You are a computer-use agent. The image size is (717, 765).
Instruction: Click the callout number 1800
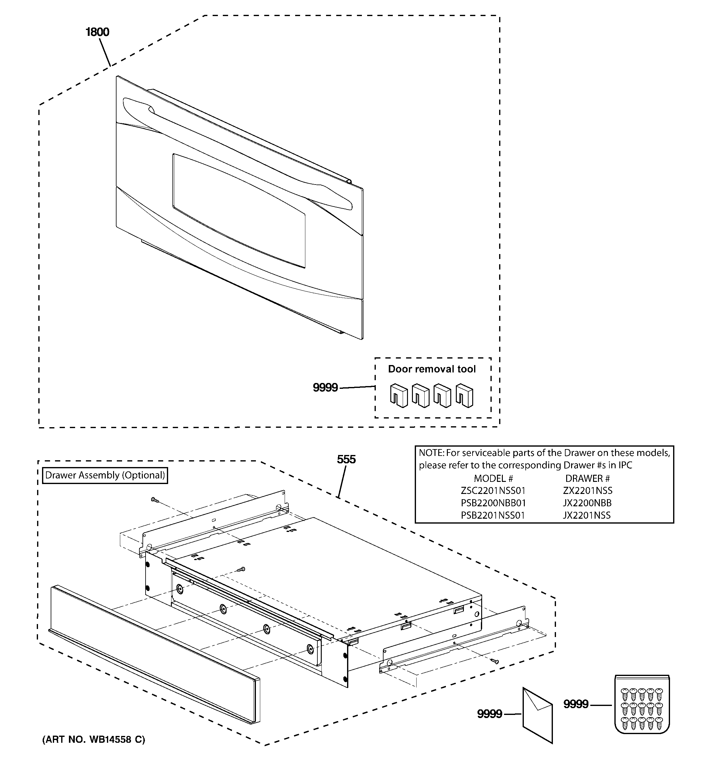tap(97, 32)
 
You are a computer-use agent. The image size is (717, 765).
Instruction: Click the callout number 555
tap(346, 459)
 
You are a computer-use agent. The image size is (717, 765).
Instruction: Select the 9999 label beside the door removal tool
tap(325, 388)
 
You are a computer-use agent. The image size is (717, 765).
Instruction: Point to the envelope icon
tap(537, 715)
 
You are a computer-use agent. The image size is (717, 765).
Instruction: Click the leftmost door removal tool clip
tap(399, 395)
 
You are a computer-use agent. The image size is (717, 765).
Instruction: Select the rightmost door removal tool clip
tap(465, 395)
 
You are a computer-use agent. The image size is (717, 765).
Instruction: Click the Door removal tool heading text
tap(432, 369)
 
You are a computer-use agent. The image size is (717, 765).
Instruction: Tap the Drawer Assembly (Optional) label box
tap(105, 475)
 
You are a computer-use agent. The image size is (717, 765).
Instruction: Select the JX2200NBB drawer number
tap(587, 503)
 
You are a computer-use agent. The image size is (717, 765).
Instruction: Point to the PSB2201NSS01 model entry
tap(493, 515)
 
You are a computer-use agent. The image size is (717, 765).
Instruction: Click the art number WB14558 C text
tap(94, 739)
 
